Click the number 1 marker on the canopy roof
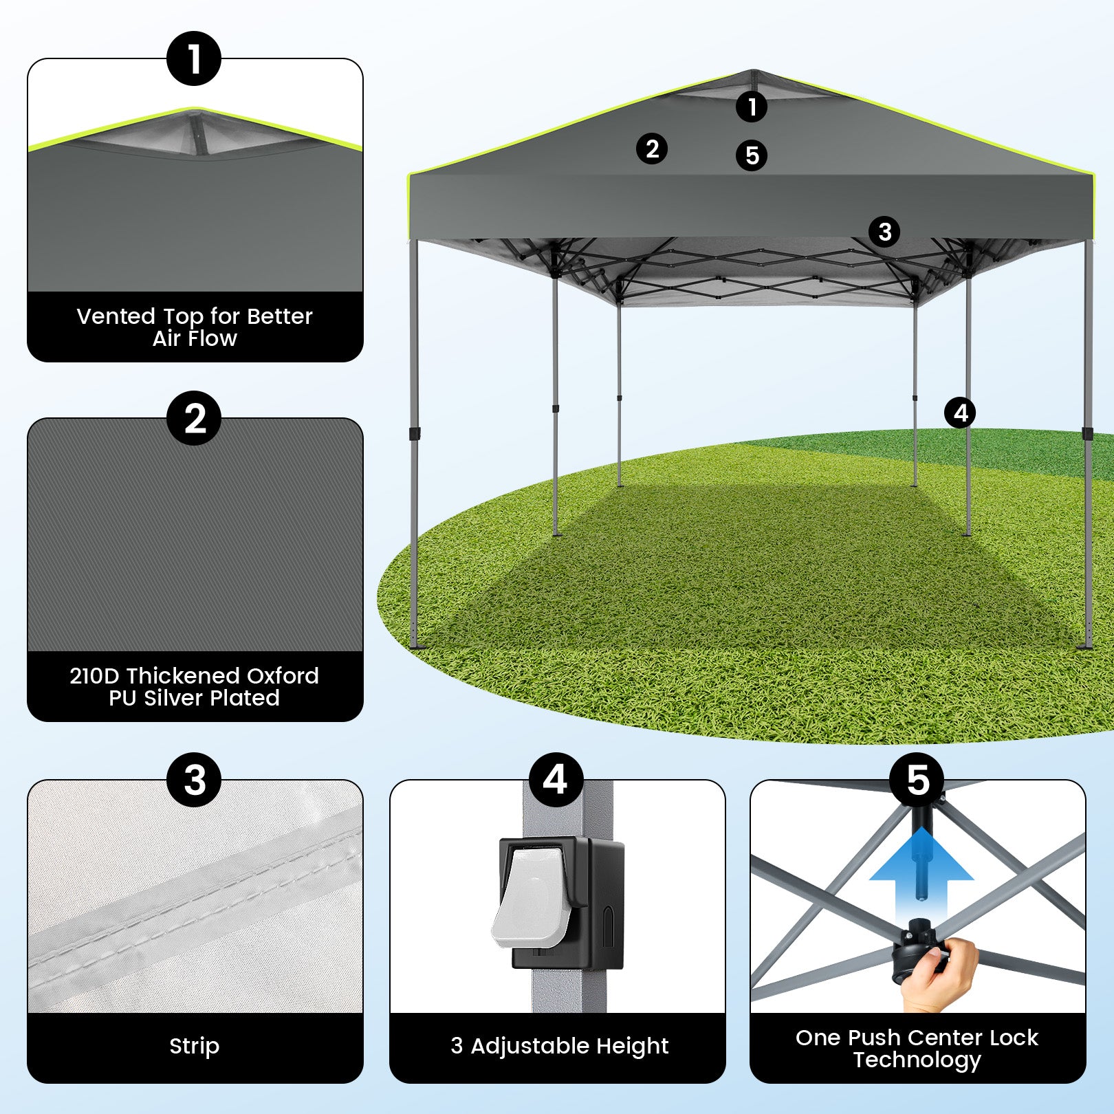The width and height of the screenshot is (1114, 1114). pos(752,107)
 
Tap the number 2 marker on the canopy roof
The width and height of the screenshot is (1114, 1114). pos(652,148)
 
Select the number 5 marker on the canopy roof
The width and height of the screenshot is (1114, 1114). pos(752,155)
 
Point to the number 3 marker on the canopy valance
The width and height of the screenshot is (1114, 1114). pos(885,232)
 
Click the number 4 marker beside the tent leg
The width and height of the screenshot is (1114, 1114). pos(960,413)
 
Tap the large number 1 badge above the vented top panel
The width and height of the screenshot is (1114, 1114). pos(194,58)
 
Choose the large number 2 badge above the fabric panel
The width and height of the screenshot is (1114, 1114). pos(194,418)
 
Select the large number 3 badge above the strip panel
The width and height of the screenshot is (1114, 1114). pos(194,780)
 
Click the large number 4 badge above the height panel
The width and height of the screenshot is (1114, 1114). pos(556,780)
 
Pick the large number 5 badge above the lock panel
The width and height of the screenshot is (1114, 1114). pos(917,780)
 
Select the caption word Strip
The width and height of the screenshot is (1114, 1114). pos(195,1047)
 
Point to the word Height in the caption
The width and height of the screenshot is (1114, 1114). pos(632,1047)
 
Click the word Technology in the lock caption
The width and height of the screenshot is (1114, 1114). pos(917,1060)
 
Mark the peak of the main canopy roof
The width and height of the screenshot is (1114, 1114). pos(752,70)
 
